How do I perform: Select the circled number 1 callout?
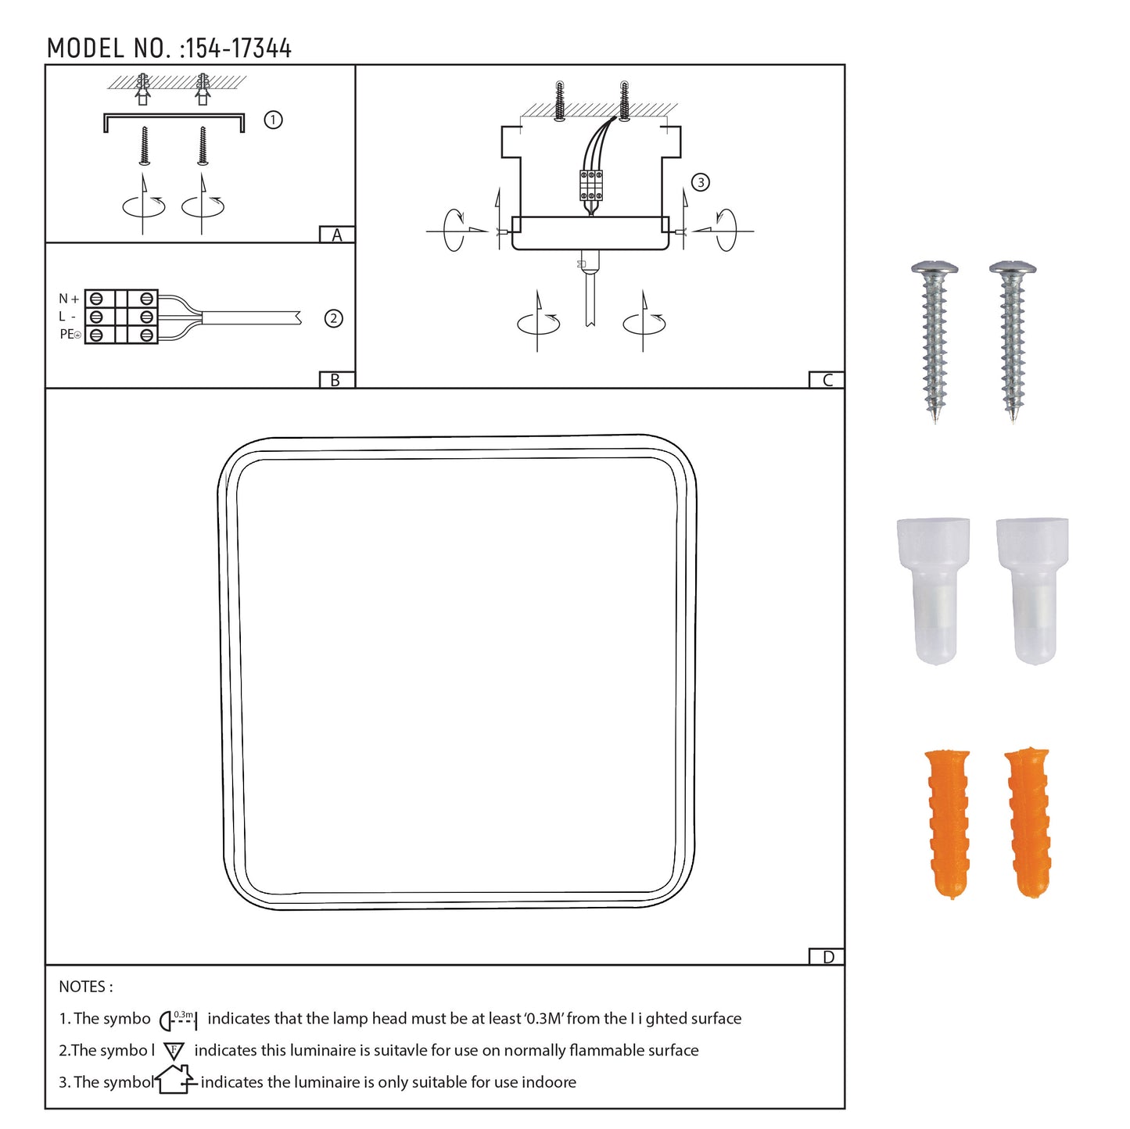(273, 120)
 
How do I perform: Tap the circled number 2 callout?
(334, 318)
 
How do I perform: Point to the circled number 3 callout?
(700, 182)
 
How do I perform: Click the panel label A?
(336, 235)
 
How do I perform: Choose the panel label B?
(335, 380)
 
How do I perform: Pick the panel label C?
(827, 380)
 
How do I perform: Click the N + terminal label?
(69, 299)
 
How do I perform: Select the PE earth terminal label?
(70, 335)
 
